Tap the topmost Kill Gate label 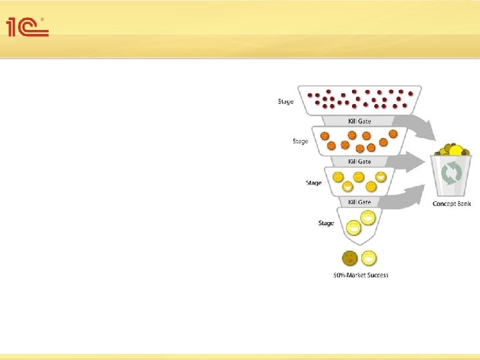(359, 121)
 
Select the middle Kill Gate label (359, 162)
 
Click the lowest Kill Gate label (359, 202)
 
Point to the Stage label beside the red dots (285, 101)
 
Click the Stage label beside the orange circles (300, 141)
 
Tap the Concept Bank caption (451, 204)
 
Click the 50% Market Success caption (361, 275)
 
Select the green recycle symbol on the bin (451, 175)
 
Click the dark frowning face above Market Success (349, 258)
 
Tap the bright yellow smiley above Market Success (369, 258)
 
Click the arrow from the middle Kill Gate (413, 160)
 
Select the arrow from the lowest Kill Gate (407, 197)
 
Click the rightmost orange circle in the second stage (393, 133)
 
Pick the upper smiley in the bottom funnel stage (367, 216)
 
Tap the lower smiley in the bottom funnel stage (353, 228)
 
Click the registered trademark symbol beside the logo (43, 19)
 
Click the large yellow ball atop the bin (455, 151)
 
